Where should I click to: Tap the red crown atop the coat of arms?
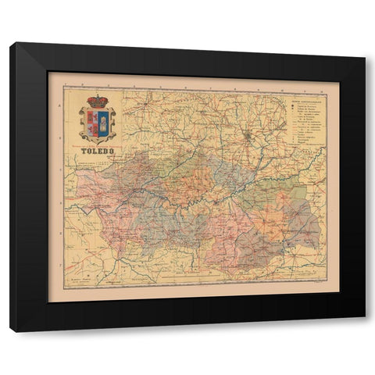(x=98, y=101)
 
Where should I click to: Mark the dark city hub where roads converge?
(x=248, y=139)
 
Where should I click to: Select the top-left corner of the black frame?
(x=11, y=44)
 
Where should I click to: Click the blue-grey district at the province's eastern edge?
(x=306, y=223)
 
